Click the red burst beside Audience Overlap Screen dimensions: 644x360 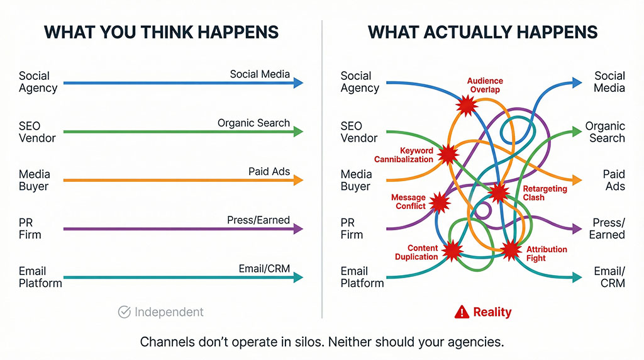click(467, 105)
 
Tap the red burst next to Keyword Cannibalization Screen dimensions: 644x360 click(448, 155)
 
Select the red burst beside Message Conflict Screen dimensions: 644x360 click(440, 202)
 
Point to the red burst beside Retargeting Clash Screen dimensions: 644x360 click(499, 193)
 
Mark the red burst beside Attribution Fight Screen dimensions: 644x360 click(511, 249)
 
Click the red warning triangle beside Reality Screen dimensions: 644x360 click(462, 312)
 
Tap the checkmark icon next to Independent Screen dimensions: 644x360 click(125, 312)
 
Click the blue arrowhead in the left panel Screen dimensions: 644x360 click(298, 83)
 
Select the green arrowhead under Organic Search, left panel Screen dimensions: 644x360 click(298, 132)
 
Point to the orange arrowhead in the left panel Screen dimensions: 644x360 click(298, 180)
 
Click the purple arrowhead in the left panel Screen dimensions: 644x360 click(298, 228)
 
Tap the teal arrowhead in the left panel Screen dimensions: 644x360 click(298, 278)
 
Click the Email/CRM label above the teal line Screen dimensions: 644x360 click(264, 269)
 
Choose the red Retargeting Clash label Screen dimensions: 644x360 click(545, 193)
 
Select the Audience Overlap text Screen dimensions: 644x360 click(485, 85)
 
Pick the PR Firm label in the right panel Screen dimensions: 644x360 click(352, 228)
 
